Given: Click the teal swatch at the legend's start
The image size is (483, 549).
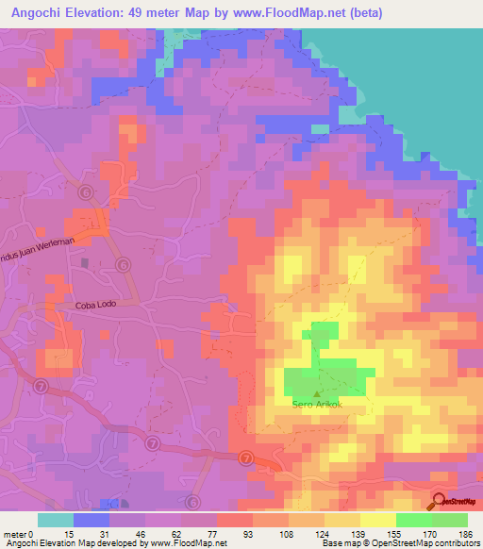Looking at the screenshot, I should (56, 520).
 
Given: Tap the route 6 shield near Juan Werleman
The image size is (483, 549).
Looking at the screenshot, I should (86, 191).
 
